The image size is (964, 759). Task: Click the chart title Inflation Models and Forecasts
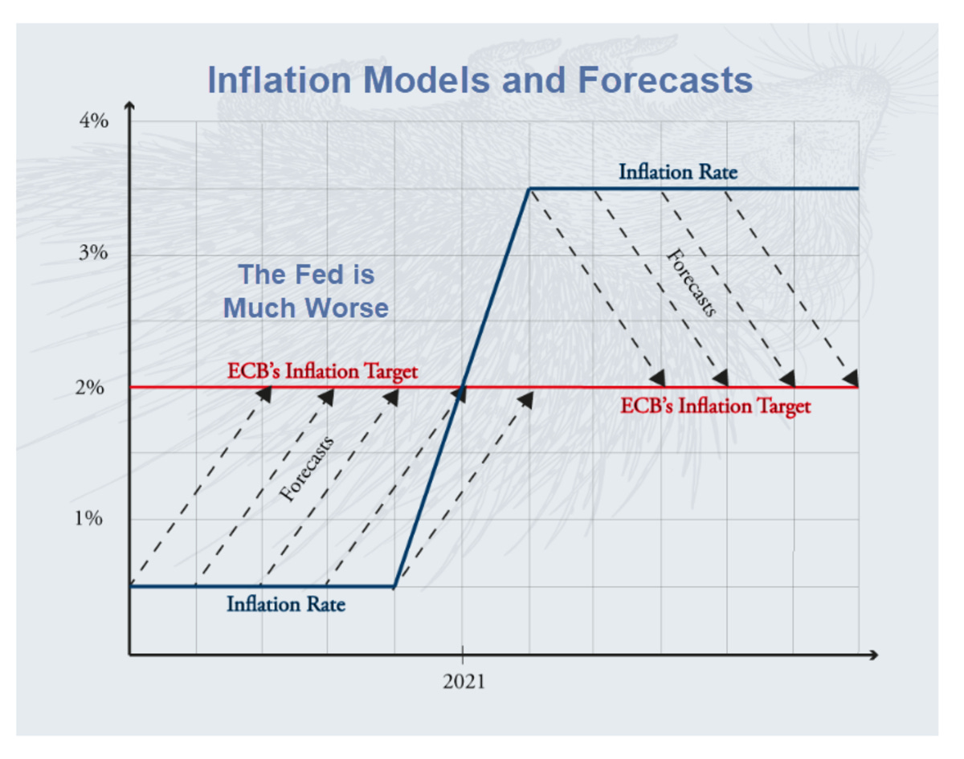(480, 80)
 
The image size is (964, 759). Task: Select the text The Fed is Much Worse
(306, 291)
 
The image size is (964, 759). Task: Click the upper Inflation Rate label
(677, 172)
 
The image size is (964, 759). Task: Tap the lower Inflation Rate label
(286, 604)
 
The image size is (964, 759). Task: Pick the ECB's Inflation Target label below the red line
(715, 406)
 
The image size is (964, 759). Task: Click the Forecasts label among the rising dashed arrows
(307, 472)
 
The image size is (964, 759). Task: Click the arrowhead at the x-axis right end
(874, 655)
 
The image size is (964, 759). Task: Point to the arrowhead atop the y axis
(129, 107)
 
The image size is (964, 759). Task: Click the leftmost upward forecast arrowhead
(264, 393)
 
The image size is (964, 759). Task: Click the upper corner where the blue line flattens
(529, 189)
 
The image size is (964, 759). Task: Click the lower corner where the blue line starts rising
(394, 587)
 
